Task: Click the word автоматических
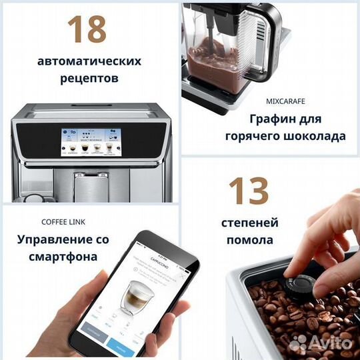89,61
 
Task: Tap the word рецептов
89,79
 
